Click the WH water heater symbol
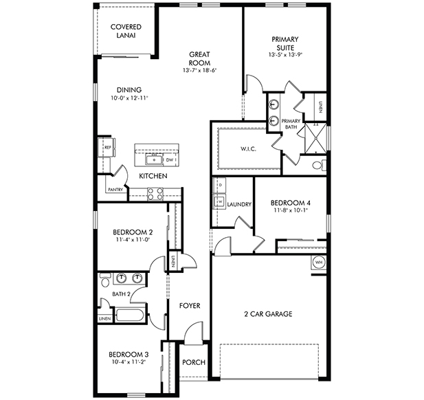tap(319, 262)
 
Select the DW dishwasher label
tap(169, 160)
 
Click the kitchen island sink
tap(154, 159)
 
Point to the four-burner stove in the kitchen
tap(155, 194)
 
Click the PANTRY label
tap(115, 190)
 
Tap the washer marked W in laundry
tap(220, 201)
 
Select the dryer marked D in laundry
tap(220, 185)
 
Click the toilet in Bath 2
tap(105, 280)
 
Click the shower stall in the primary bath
tap(315, 138)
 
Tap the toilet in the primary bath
tap(320, 165)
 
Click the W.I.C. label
tap(248, 148)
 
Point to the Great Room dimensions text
tap(200, 70)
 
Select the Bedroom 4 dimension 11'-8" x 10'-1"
tap(291, 210)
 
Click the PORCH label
tap(194, 362)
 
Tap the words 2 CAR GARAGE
tap(268, 314)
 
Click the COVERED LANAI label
tap(126, 31)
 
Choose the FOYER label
tap(190, 306)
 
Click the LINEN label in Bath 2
tap(104, 319)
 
